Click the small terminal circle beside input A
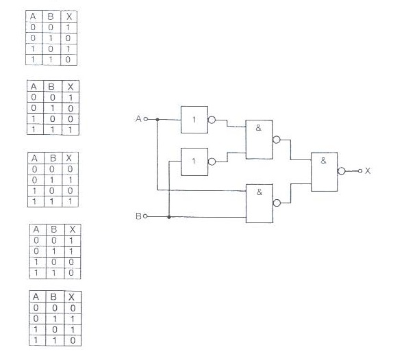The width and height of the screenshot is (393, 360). coord(146,119)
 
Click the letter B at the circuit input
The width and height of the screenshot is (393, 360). coord(138,216)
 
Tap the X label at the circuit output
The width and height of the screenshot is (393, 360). coord(368,171)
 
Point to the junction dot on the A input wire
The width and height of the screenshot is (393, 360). coord(157,120)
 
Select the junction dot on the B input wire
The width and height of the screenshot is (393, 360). coord(169,217)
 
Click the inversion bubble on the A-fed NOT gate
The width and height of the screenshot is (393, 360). coord(212,120)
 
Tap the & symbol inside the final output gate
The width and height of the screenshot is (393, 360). coord(323,161)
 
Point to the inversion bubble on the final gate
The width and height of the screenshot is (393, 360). coord(342,171)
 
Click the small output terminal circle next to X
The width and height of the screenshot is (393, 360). coord(360,171)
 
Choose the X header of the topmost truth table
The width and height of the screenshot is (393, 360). coord(69,16)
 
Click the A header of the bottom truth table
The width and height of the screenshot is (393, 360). coord(36,296)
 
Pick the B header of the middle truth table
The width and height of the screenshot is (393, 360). coord(53,158)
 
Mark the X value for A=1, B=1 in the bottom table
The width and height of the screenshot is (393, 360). coord(73,340)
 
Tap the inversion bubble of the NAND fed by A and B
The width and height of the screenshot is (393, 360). coord(277,203)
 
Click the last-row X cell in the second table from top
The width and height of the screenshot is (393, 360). coord(71,130)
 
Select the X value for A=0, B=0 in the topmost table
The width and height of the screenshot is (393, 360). coord(68,27)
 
